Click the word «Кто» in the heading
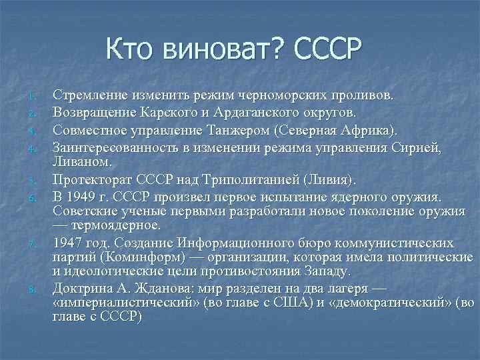pos(131,49)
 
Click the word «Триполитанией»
pos(251,180)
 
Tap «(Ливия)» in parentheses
pos(331,180)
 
